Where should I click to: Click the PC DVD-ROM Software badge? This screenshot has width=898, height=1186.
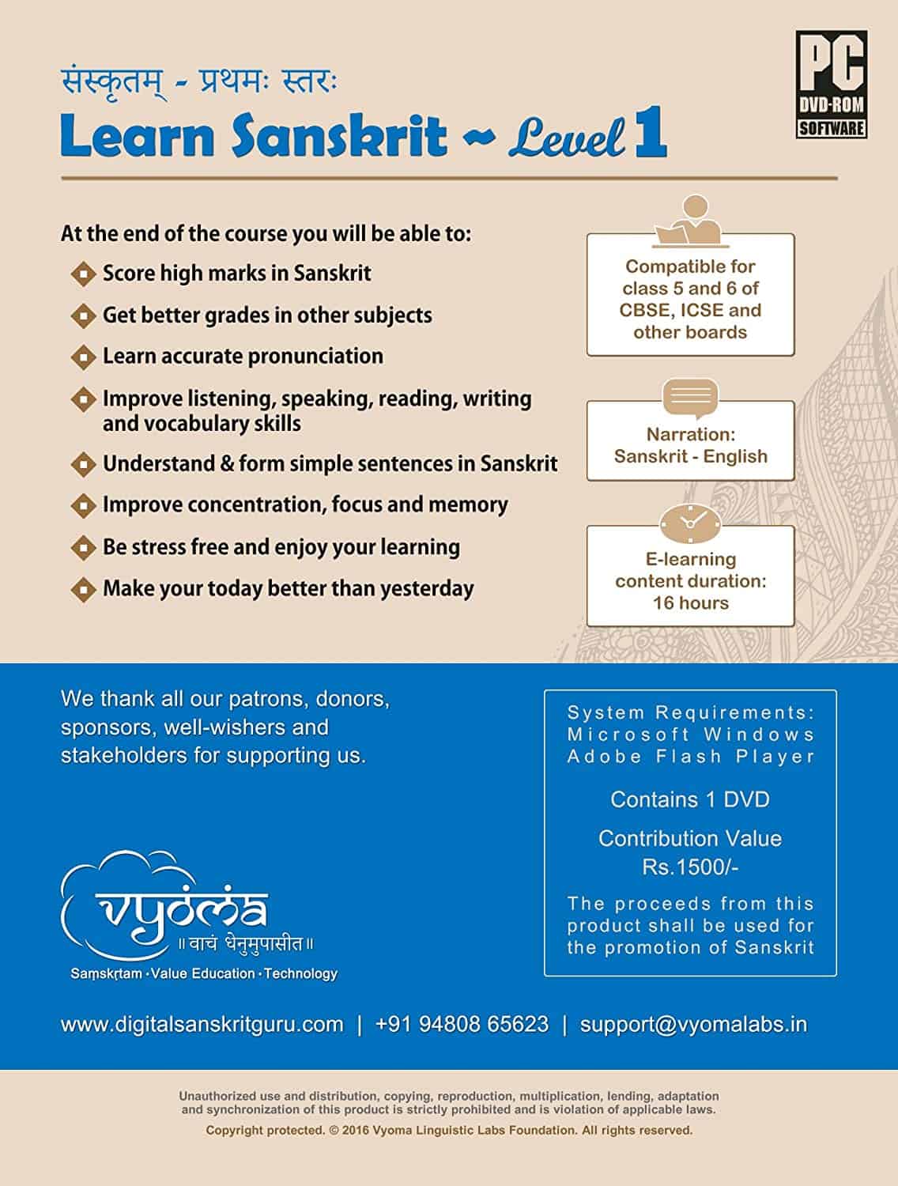pyautogui.click(x=831, y=84)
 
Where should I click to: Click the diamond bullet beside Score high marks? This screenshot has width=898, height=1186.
pyautogui.click(x=82, y=274)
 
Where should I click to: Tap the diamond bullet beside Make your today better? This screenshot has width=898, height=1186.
pyautogui.click(x=82, y=589)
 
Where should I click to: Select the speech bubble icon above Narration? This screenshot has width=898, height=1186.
pyautogui.click(x=690, y=397)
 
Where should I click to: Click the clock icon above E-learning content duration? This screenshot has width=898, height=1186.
pyautogui.click(x=690, y=523)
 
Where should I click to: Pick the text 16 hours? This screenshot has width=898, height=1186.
pyautogui.click(x=690, y=603)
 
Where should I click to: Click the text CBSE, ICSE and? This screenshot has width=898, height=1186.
pyautogui.click(x=690, y=310)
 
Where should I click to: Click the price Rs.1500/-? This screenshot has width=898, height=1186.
pyautogui.click(x=690, y=867)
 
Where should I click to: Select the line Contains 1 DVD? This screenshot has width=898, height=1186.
pyautogui.click(x=690, y=799)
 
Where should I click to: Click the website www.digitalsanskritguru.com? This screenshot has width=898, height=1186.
pyautogui.click(x=202, y=1025)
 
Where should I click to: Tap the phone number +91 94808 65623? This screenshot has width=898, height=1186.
pyautogui.click(x=462, y=1025)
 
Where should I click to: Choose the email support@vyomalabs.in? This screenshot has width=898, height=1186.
pyautogui.click(x=693, y=1025)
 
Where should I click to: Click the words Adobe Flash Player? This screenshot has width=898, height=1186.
pyautogui.click(x=690, y=757)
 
